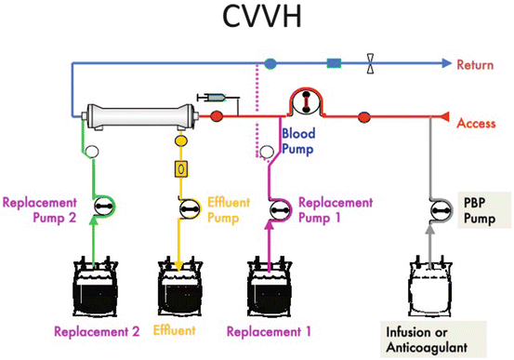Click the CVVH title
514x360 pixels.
point(261,17)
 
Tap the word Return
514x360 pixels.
point(475,64)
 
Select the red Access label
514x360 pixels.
point(476,124)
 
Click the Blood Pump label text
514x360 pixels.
point(298,141)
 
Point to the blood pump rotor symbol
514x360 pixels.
point(306,102)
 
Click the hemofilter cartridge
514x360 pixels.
point(140,117)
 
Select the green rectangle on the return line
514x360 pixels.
point(334,63)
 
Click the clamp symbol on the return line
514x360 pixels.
point(370,63)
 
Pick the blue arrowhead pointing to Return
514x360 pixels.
point(446,63)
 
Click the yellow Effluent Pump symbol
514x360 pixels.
point(189,208)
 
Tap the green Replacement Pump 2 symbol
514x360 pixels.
point(104,206)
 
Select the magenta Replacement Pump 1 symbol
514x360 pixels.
point(280,210)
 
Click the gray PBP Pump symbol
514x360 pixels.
point(441,210)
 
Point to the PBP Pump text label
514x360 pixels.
point(480,210)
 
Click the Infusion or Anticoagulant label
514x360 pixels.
point(427,340)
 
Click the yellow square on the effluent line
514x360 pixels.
point(181,169)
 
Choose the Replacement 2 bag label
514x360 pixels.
point(97,331)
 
